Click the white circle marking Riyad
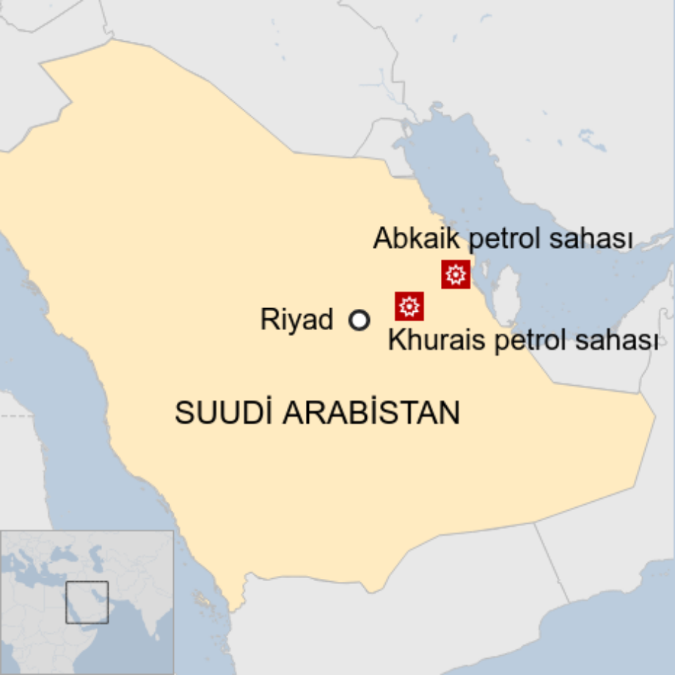359,321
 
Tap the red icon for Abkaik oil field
456,274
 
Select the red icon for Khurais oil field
409,306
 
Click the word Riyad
296,321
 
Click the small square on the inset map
87,602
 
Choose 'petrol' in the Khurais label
525,340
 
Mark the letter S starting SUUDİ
183,412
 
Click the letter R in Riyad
268,321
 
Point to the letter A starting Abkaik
382,238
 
